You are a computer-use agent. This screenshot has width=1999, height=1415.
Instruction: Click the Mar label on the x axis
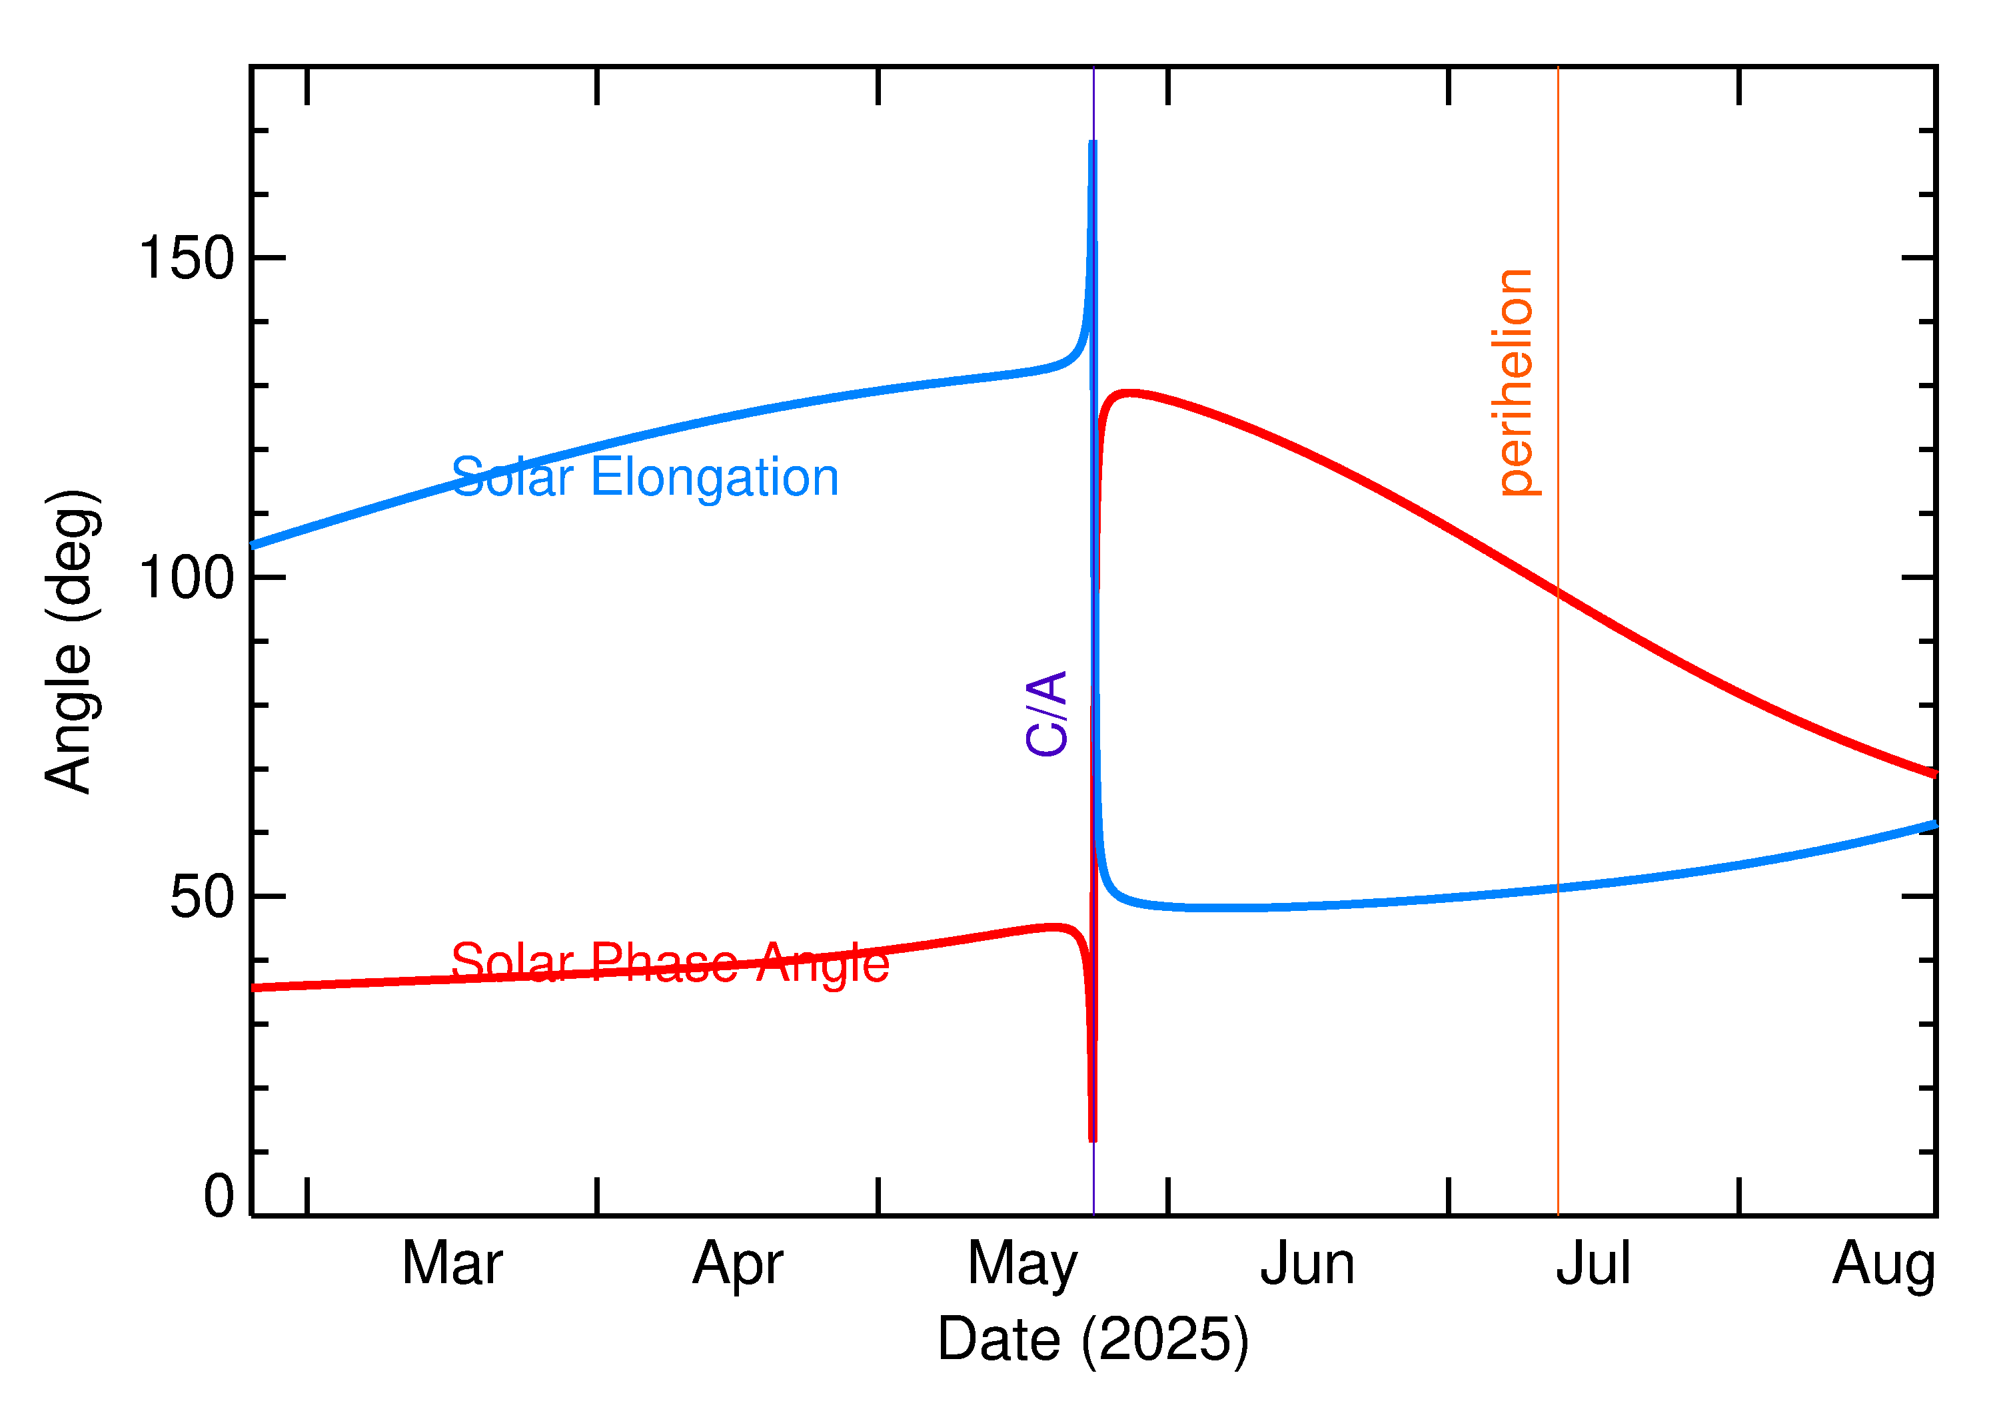[x=452, y=1265]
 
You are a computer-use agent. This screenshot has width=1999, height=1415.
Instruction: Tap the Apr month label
[x=738, y=1265]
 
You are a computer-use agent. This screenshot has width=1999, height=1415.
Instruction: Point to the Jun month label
[x=1307, y=1265]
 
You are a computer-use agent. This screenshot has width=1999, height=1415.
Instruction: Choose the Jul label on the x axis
[x=1593, y=1265]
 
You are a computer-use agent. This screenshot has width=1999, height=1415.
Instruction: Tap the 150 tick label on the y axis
[x=187, y=259]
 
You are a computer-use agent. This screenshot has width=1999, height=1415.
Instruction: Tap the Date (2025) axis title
[x=1092, y=1339]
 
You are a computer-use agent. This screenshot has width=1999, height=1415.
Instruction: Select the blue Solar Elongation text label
[x=645, y=477]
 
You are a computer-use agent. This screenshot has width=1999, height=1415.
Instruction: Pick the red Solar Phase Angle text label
[x=670, y=964]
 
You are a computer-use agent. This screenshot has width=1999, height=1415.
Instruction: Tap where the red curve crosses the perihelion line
[x=1558, y=593]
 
